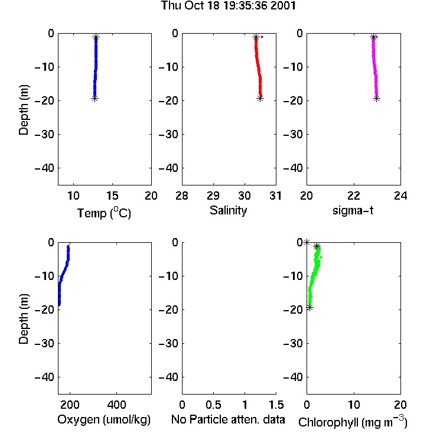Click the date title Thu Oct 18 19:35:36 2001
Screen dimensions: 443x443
[x=228, y=6]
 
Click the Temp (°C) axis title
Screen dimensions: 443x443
[x=104, y=213]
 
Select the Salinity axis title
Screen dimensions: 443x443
[x=228, y=210]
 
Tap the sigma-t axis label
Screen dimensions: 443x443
[x=353, y=210]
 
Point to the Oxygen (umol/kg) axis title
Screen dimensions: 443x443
[x=104, y=419]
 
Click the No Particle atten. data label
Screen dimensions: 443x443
[x=228, y=419]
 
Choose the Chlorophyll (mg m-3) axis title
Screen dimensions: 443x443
[x=353, y=422]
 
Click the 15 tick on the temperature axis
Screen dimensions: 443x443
[x=112, y=196]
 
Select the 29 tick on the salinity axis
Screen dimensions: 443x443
[x=213, y=196]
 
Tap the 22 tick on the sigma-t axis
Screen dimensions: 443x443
[x=353, y=196]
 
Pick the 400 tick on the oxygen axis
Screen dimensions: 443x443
[x=116, y=405]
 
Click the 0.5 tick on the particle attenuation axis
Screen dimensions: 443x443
[x=213, y=405]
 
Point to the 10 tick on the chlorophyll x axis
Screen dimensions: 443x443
[x=354, y=405]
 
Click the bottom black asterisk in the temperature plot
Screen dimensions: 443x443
[x=95, y=99]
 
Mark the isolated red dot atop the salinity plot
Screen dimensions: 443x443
[x=262, y=37]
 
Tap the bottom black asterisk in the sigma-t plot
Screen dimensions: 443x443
[x=376, y=99]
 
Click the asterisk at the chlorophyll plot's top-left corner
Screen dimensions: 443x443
[x=307, y=242]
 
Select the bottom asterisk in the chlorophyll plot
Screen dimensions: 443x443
[x=310, y=308]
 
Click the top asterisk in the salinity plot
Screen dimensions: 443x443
[x=256, y=37]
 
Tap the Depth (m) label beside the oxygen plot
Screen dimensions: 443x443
[x=24, y=319]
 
